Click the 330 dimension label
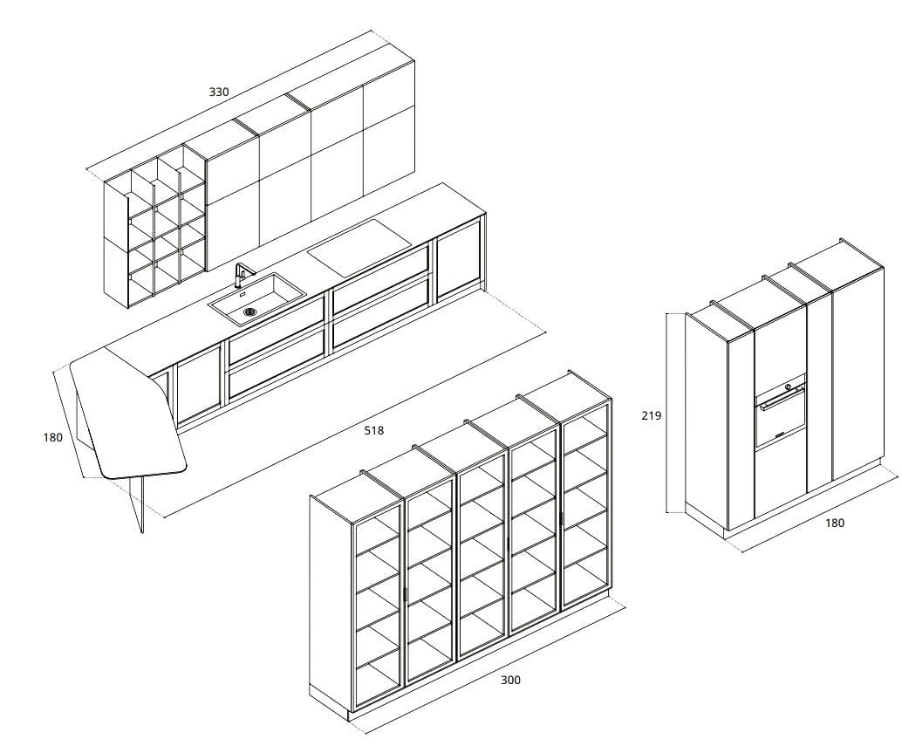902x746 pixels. pyautogui.click(x=219, y=92)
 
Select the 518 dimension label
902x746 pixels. pyautogui.click(x=374, y=430)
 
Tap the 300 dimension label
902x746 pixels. pyautogui.click(x=510, y=680)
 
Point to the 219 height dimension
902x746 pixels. pyautogui.click(x=651, y=415)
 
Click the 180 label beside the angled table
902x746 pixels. pyautogui.click(x=52, y=438)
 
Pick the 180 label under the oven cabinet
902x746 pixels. pyautogui.click(x=835, y=523)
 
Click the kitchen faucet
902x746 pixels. pyautogui.click(x=242, y=275)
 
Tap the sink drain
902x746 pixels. pyautogui.click(x=249, y=312)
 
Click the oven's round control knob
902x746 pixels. pyautogui.click(x=789, y=387)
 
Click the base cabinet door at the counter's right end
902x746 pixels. pyautogui.click(x=459, y=260)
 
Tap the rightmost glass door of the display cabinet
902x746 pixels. pyautogui.click(x=585, y=505)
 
